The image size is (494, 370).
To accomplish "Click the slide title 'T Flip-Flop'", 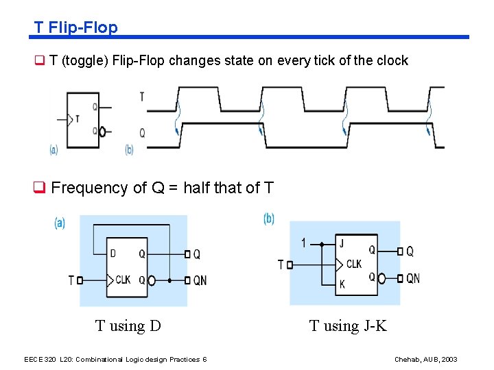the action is pos(76,27).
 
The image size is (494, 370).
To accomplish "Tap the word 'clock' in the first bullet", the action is pos(392,60).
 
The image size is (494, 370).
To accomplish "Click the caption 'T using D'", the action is pos(128,325).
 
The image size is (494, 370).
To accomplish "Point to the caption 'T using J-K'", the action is pos(348,325).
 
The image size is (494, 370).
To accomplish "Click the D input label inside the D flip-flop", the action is pos(113,254).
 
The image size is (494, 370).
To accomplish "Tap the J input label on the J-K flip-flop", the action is pos(342,243).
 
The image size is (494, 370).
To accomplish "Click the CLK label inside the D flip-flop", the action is pos(123,280).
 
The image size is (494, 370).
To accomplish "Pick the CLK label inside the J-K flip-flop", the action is pos(354,264).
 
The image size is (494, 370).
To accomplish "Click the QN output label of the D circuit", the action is pos(200,280).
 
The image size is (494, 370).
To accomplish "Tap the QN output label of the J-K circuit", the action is pos(413,278).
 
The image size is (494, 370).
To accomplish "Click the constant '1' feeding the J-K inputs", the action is pos(304,243).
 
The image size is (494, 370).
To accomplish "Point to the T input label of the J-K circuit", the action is pos(280,264).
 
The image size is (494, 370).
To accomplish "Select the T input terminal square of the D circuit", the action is pos(80,280).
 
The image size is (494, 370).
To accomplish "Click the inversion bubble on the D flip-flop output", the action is pos(152,280).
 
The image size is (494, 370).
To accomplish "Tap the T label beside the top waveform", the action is pos(142,97).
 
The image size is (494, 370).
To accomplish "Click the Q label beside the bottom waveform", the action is pos(142,133).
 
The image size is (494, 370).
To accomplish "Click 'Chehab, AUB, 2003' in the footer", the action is pos(426,360).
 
